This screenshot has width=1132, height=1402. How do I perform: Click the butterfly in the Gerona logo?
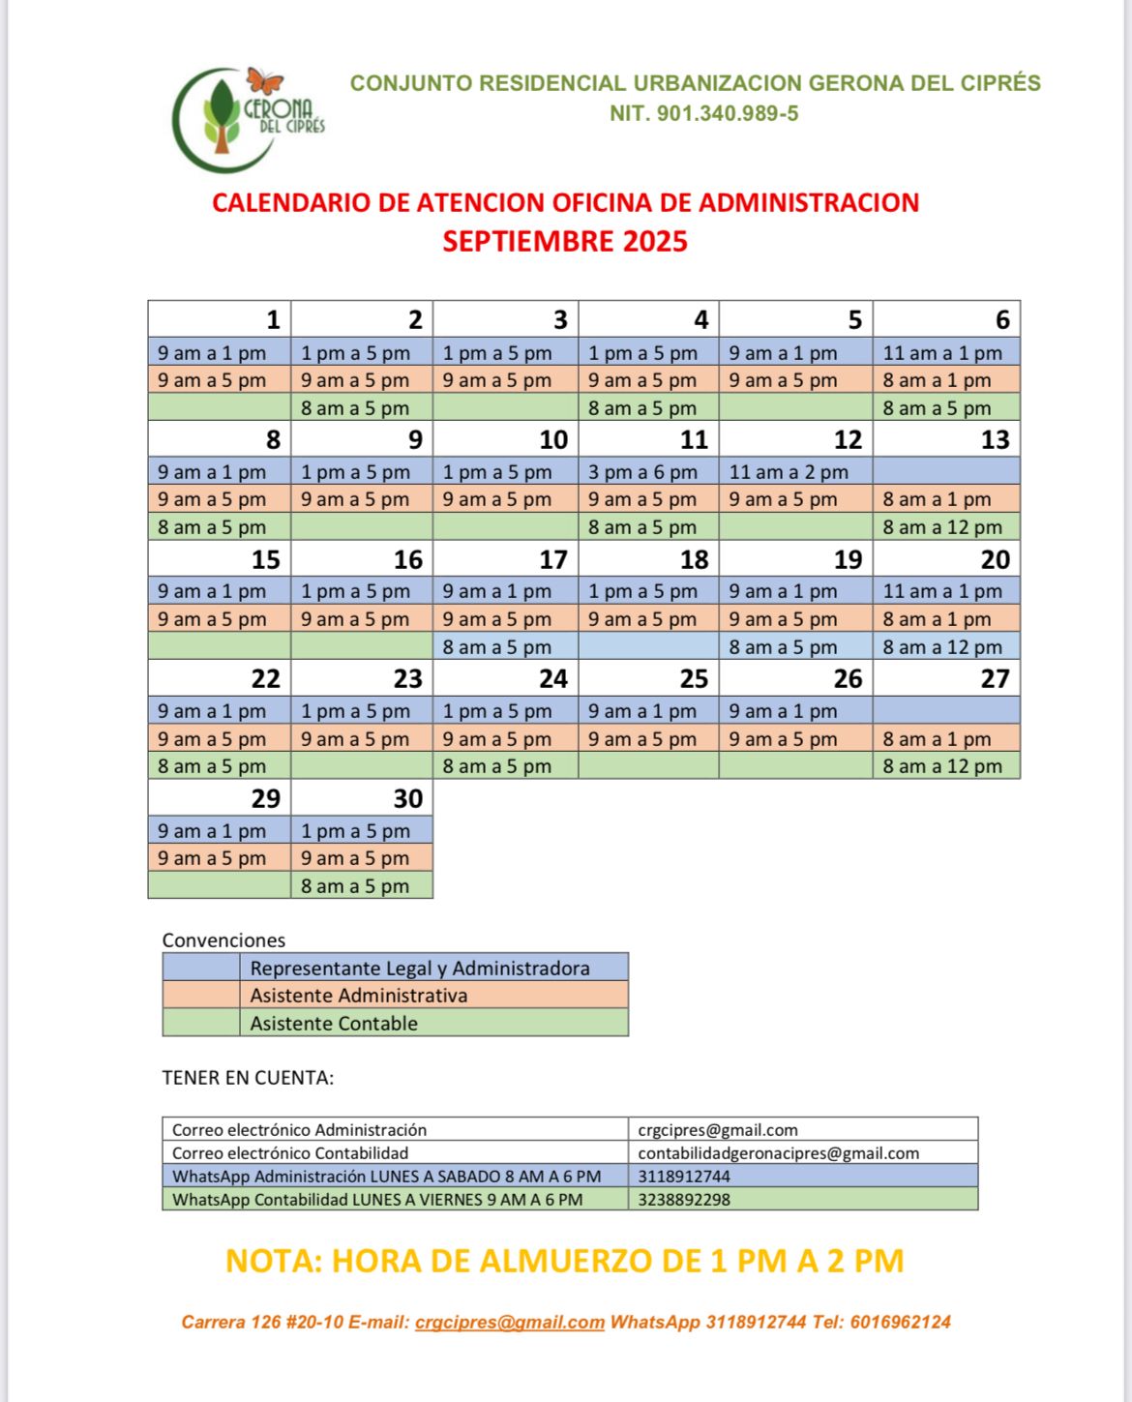[264, 80]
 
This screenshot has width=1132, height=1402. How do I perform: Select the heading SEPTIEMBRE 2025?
[565, 241]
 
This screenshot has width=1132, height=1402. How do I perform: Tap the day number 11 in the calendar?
[694, 440]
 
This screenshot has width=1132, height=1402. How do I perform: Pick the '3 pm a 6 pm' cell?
[642, 472]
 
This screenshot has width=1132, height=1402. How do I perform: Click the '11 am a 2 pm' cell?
[789, 472]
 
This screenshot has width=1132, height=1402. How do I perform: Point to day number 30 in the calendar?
[407, 798]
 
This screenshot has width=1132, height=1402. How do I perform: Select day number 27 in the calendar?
[995, 679]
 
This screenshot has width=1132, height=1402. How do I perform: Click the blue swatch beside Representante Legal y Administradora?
[201, 968]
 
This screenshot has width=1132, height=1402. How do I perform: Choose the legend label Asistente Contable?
[334, 1024]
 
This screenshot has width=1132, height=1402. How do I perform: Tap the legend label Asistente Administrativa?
[358, 996]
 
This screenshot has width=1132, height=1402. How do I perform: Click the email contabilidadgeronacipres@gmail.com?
[778, 1153]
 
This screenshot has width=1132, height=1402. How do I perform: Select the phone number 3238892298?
[684, 1200]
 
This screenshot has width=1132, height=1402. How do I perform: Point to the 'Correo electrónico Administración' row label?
[299, 1130]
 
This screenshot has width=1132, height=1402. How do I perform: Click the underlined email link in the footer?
[510, 1323]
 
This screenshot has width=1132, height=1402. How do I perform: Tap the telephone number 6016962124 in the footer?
[900, 1323]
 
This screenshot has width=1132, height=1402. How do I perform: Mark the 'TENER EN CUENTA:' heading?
[248, 1078]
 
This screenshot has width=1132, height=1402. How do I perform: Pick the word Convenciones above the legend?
[223, 940]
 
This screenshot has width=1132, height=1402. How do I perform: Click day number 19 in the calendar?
[848, 560]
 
